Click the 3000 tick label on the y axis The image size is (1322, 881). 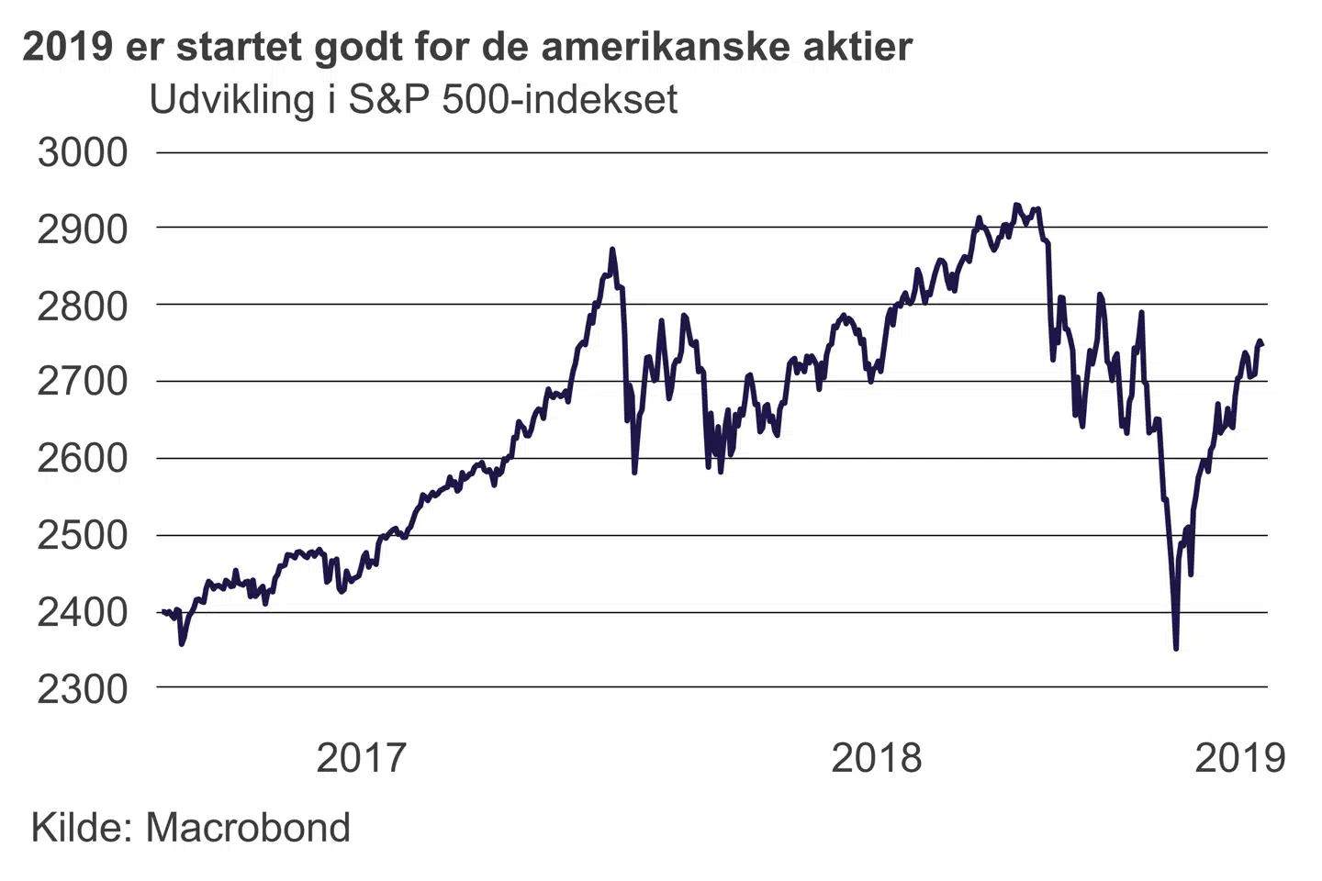click(x=83, y=152)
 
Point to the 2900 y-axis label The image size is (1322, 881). click(x=83, y=229)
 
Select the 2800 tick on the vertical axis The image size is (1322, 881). click(x=83, y=306)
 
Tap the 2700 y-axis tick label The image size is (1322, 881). click(x=83, y=382)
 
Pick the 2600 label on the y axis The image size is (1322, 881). click(x=83, y=458)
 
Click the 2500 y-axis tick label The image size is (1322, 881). click(x=83, y=535)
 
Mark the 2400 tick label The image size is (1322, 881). click(x=83, y=611)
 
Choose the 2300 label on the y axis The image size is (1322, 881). click(x=83, y=688)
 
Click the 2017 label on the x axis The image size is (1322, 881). click(x=361, y=758)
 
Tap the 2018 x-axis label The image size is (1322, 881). click(x=876, y=758)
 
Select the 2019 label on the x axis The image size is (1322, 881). click(x=1239, y=758)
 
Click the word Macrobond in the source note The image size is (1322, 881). click(x=248, y=828)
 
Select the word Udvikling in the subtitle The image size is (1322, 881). click(x=231, y=100)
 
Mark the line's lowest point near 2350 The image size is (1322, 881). click(x=1176, y=648)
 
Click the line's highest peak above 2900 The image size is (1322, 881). click(x=1015, y=205)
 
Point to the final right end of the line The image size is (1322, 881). click(x=1262, y=344)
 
